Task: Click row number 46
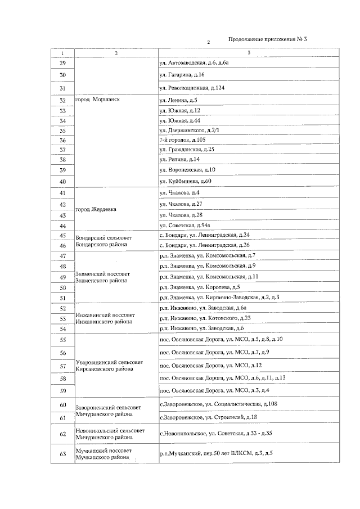(x=62, y=245)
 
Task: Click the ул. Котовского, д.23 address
(x=205, y=318)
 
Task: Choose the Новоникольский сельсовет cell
(x=109, y=434)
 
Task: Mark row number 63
(x=62, y=454)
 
